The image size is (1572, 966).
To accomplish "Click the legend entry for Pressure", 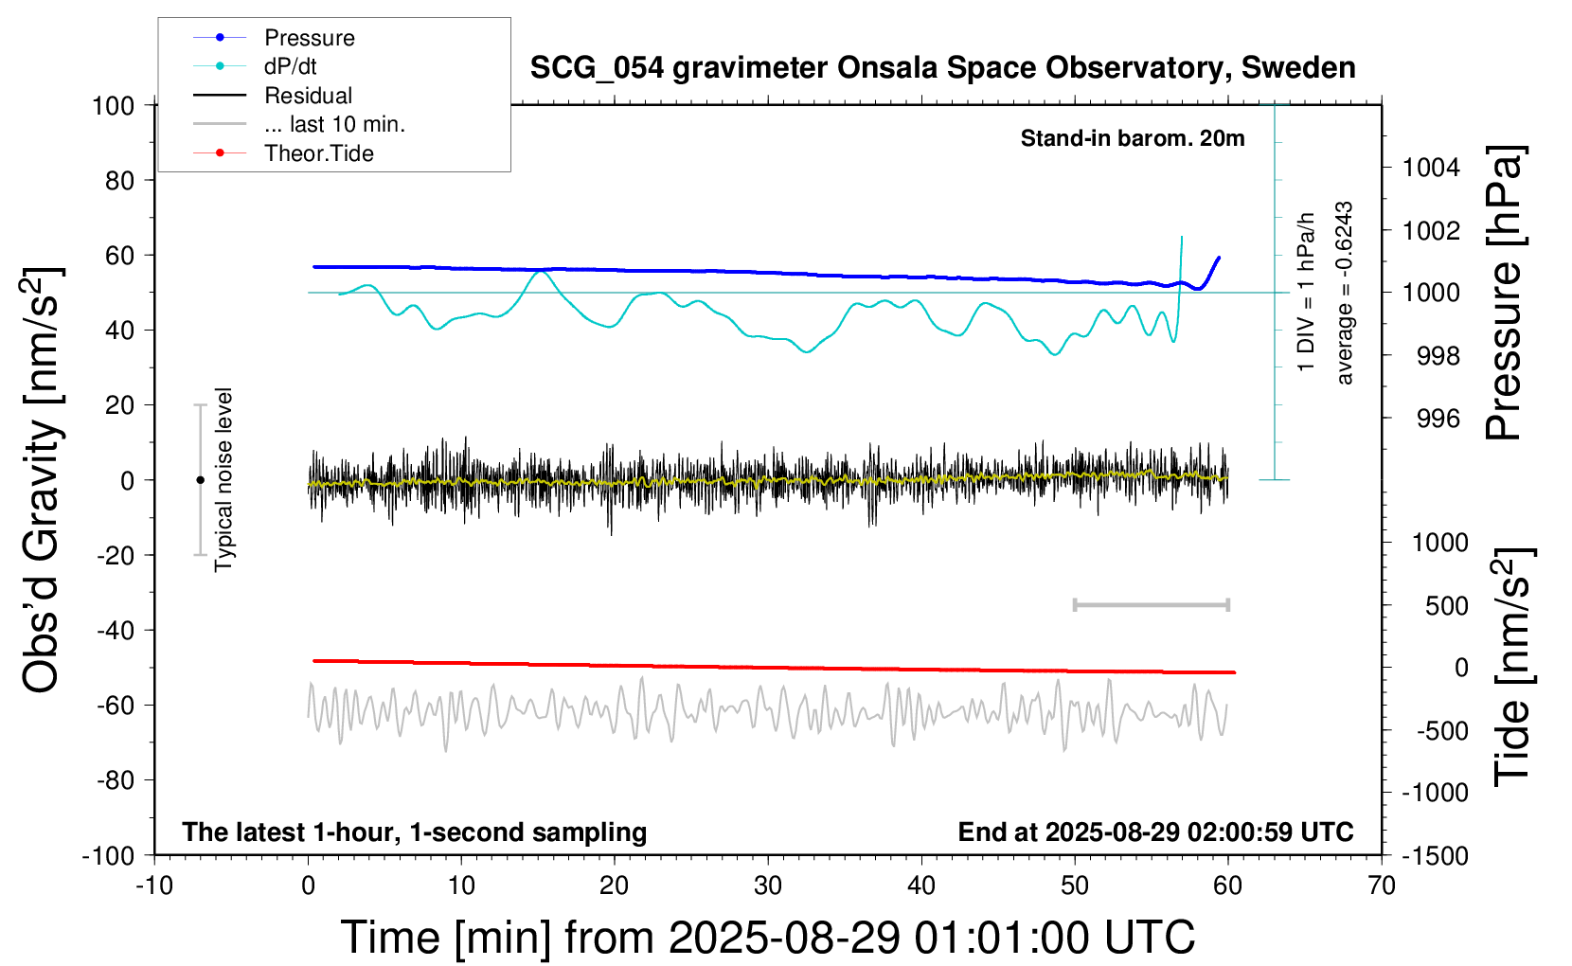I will click(309, 38).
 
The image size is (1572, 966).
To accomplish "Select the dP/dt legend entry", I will click(290, 66).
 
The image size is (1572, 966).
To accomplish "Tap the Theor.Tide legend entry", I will click(318, 153).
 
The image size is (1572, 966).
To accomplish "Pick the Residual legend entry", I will click(308, 96).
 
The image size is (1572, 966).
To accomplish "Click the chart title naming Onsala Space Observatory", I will click(942, 68).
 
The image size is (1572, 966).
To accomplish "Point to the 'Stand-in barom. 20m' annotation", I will click(1132, 138).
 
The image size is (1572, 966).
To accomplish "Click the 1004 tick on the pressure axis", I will click(1431, 168).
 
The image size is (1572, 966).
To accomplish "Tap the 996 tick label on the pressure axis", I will click(1438, 418).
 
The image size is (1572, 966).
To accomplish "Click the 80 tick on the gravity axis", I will click(119, 180).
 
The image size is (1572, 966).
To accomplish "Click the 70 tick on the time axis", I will click(1382, 886).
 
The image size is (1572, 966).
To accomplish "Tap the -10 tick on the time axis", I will click(154, 886).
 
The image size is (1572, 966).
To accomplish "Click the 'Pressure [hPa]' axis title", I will click(1504, 293).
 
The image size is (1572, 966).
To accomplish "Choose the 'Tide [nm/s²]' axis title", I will click(1512, 667).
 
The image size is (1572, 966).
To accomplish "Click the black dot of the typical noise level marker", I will click(200, 480).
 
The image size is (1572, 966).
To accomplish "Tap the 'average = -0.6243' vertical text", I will click(1344, 293).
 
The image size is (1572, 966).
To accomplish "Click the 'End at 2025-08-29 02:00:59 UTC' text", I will click(1155, 832).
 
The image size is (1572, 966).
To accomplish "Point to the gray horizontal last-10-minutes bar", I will click(1151, 604).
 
